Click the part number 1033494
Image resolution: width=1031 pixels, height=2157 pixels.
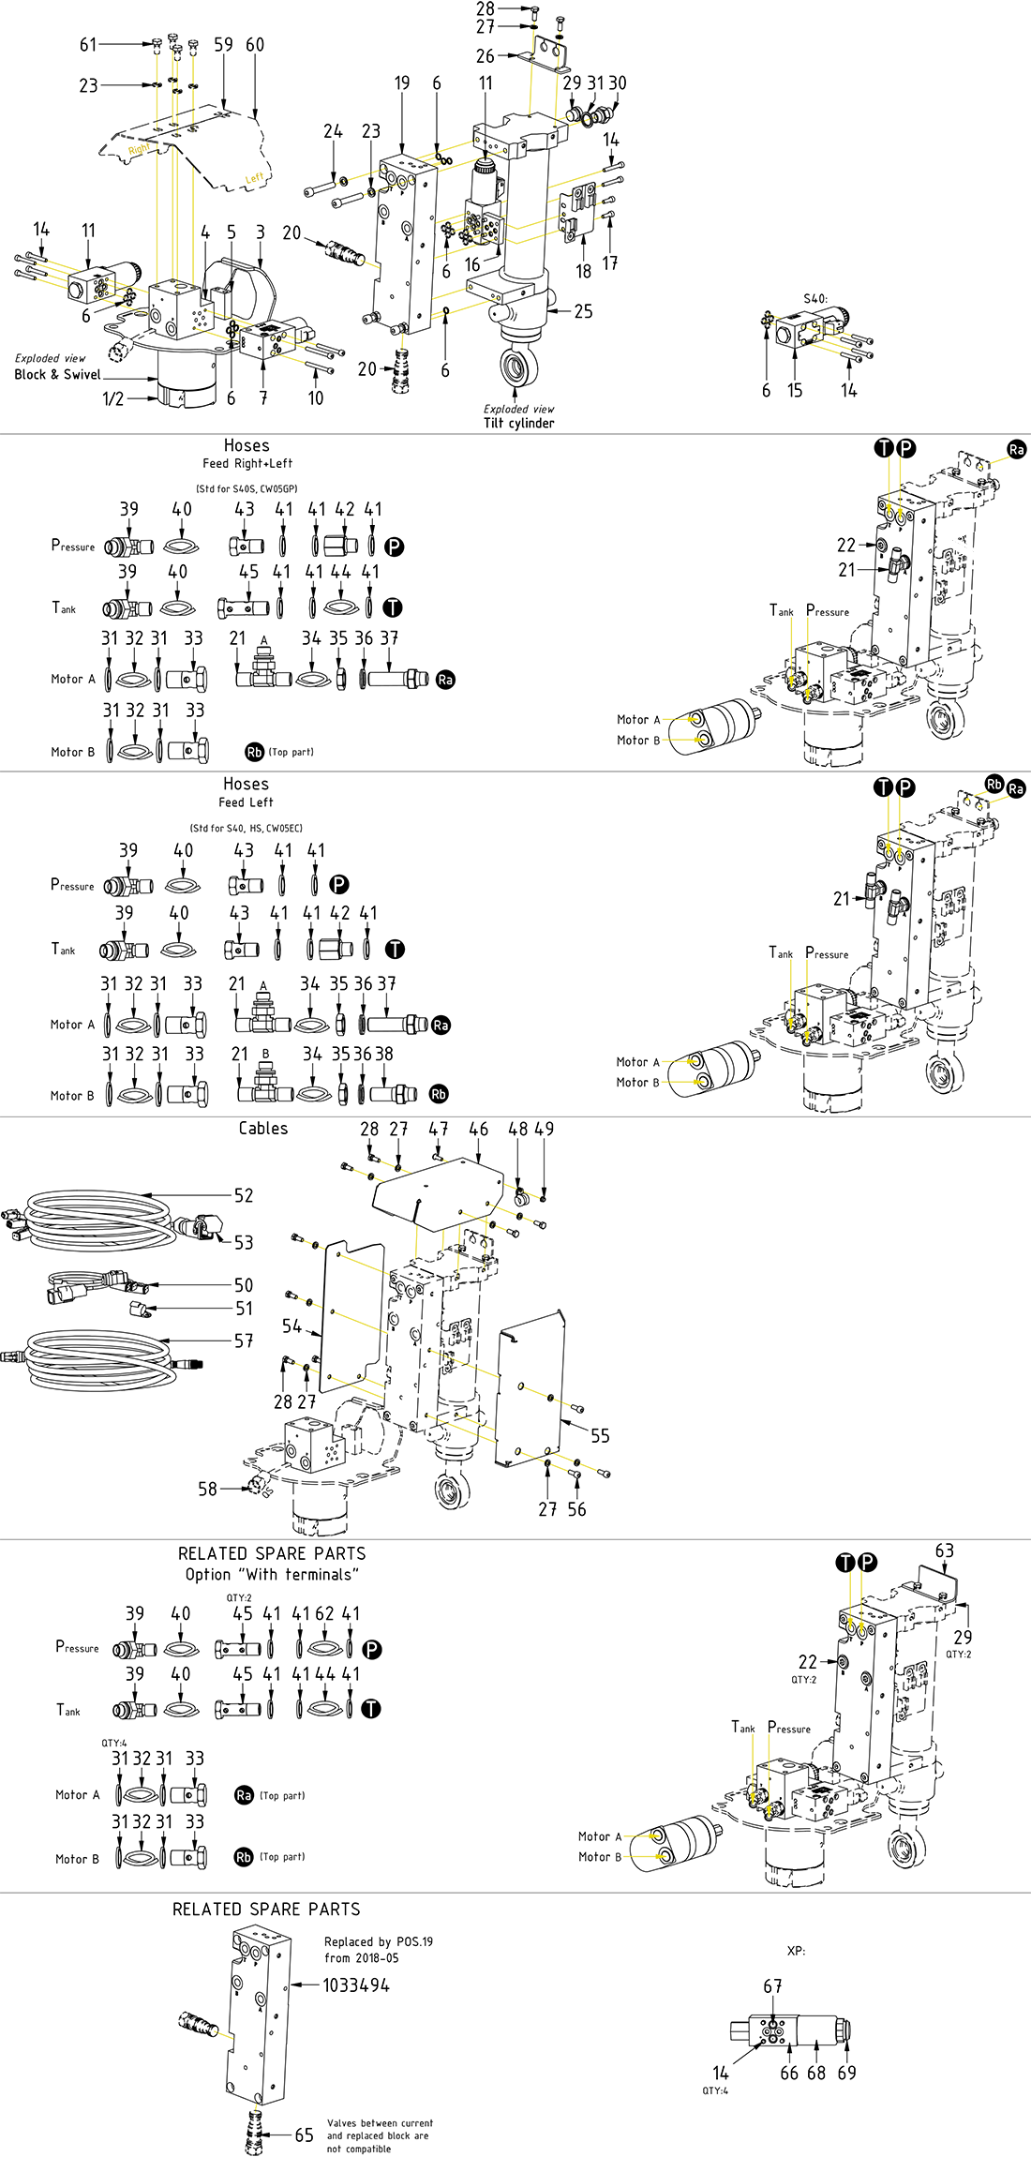(356, 1985)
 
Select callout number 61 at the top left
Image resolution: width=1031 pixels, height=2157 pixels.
(88, 44)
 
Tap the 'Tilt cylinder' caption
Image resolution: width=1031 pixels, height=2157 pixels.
(518, 423)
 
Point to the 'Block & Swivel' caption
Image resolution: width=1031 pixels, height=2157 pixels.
(57, 374)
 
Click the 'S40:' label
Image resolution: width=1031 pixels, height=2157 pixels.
(815, 299)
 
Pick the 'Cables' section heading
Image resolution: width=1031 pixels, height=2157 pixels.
(263, 1129)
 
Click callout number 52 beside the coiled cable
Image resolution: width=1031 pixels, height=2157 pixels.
(244, 1195)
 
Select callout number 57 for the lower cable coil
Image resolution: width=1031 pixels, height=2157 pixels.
(244, 1341)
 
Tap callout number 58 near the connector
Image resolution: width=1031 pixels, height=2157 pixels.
(207, 1489)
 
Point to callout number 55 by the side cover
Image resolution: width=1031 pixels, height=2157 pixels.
(600, 1435)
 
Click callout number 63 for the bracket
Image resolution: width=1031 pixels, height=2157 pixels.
(945, 1551)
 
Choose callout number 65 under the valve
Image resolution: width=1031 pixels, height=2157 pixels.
(305, 2135)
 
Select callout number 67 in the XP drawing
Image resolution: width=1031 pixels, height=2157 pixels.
(772, 1986)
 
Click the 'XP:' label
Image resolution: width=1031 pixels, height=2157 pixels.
(796, 1951)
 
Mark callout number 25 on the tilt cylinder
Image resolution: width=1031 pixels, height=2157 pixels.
(583, 311)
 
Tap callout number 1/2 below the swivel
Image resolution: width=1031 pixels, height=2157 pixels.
(112, 398)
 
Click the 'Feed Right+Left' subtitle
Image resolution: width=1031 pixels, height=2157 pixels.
(247, 463)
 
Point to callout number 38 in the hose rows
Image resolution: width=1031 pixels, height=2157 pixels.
(384, 1054)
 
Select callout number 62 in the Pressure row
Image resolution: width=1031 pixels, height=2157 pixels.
(324, 1613)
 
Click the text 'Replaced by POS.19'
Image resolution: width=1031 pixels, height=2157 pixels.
(379, 1941)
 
